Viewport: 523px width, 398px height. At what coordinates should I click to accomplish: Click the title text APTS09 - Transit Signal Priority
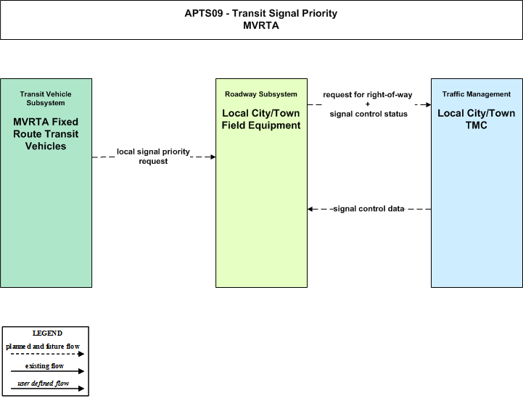click(261, 13)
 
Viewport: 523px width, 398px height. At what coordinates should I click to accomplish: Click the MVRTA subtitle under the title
click(261, 25)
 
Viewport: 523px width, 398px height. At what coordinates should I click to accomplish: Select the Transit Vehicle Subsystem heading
click(46, 99)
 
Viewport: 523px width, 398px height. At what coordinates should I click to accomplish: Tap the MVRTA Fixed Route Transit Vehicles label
click(46, 133)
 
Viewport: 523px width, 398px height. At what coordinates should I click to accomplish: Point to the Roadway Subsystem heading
click(261, 94)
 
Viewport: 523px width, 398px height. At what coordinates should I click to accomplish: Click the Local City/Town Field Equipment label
click(261, 119)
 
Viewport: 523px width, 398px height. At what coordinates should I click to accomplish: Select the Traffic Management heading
click(477, 94)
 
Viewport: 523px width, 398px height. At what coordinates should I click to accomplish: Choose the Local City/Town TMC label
click(477, 119)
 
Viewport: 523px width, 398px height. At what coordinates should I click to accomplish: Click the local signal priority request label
click(153, 157)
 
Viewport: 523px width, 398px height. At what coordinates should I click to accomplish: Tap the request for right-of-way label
click(368, 95)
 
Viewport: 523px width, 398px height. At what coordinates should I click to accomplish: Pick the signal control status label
click(368, 114)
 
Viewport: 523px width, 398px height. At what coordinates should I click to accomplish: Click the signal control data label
click(369, 209)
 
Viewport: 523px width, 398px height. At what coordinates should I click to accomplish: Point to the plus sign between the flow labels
click(368, 104)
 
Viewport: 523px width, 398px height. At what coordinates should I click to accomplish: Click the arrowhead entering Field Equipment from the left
click(213, 157)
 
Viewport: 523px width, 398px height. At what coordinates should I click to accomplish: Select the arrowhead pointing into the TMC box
click(429, 104)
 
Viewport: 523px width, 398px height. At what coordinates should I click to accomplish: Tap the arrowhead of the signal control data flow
click(310, 209)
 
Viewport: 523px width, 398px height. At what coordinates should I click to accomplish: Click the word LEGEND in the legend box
click(47, 333)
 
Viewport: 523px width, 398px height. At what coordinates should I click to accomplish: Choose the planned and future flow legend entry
click(43, 347)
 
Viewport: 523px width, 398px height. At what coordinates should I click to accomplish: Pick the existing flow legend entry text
click(44, 366)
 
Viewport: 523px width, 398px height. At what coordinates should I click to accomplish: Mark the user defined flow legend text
click(44, 384)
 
